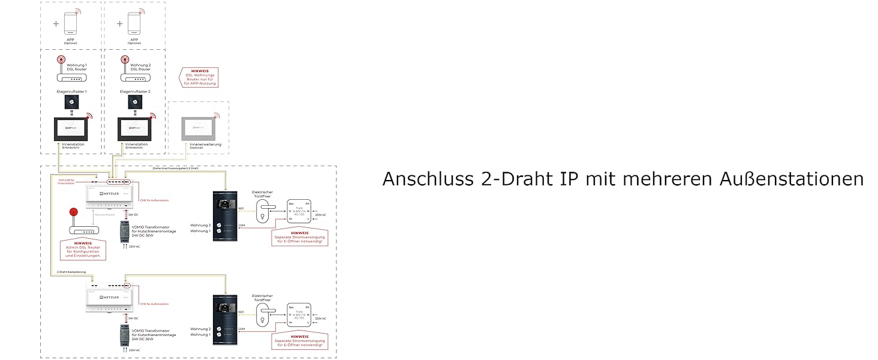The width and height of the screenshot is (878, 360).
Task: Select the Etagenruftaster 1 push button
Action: tap(72, 103)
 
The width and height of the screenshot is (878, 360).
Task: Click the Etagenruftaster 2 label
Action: tap(135, 92)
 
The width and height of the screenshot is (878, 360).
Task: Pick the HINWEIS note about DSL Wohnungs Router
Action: tap(199, 77)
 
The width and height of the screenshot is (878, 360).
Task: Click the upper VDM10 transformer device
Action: tap(125, 232)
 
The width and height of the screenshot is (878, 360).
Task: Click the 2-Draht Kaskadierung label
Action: tap(72, 272)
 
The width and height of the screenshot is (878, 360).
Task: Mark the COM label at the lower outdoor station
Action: tap(241, 329)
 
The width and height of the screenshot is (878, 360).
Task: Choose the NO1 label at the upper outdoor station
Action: tap(241, 208)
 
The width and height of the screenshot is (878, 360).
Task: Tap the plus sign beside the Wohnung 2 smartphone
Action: tap(120, 24)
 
